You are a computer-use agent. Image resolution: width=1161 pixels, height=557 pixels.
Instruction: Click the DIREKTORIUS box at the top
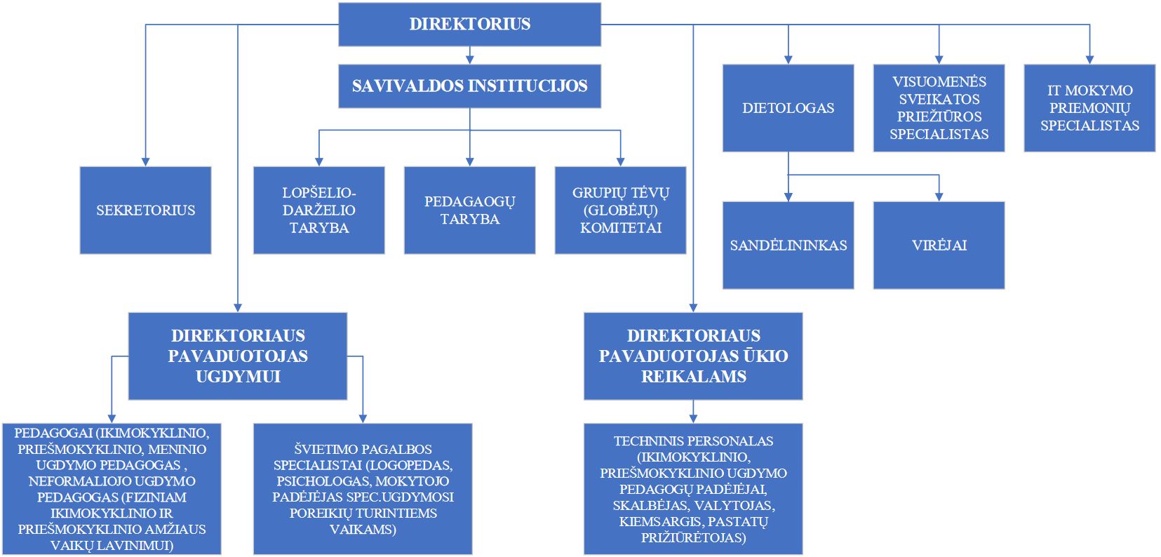tap(469, 25)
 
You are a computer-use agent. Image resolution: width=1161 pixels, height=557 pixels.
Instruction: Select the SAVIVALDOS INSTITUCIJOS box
tap(469, 86)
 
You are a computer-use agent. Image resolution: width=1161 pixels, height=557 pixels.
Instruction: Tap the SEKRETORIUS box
tap(146, 210)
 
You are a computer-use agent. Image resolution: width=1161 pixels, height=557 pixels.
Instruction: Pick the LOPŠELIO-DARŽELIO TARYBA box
tap(318, 210)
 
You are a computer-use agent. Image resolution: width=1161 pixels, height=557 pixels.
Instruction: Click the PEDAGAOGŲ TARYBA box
tap(469, 210)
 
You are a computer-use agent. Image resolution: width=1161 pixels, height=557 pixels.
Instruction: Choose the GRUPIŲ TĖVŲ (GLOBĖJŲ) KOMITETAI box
tap(620, 210)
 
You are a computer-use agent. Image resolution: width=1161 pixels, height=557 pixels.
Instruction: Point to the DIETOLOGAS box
tap(788, 108)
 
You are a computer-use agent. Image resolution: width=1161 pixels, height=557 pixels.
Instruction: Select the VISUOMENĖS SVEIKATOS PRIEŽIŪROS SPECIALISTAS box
tap(939, 108)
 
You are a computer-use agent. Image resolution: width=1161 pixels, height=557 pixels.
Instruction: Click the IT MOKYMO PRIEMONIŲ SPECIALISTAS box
tap(1089, 108)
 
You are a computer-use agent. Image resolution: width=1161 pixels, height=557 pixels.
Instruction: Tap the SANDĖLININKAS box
tap(788, 245)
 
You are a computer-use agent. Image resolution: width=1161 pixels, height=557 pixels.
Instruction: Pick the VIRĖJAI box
tap(939, 245)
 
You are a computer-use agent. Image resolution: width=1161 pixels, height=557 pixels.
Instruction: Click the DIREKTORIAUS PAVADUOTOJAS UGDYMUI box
tap(238, 356)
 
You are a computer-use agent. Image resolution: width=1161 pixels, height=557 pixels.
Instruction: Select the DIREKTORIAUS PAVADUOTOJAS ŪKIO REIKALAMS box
tap(694, 356)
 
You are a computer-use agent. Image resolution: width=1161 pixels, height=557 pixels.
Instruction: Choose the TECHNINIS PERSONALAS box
tap(694, 489)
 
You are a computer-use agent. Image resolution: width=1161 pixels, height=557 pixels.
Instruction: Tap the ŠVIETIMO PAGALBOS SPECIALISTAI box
tap(363, 489)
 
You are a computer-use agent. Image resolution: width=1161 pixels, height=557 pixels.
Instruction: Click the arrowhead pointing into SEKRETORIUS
tap(146, 162)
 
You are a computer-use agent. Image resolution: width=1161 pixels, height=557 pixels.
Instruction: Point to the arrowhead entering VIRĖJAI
tap(939, 197)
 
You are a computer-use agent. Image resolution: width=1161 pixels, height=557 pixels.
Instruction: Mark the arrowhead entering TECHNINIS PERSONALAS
tap(694, 420)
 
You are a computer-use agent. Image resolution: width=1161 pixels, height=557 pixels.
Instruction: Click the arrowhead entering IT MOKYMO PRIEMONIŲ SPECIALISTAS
tap(1089, 60)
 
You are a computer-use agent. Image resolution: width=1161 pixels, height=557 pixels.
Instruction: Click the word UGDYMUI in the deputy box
tap(238, 377)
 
